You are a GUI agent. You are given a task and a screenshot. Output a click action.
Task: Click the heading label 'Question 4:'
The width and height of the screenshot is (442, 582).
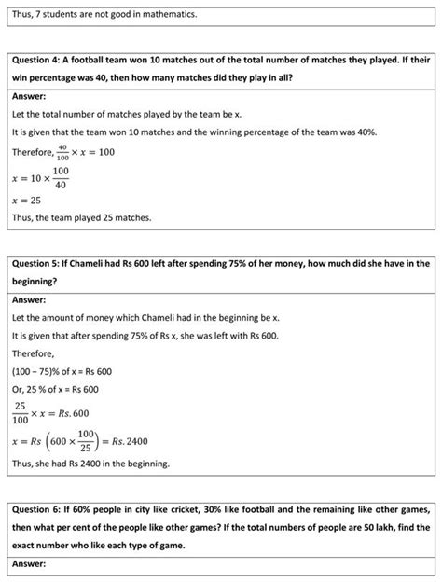coord(38,60)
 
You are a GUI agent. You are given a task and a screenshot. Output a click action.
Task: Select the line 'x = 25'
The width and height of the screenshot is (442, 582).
coord(28,200)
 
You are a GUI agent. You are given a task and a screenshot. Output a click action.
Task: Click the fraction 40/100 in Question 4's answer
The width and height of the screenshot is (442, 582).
coord(62,152)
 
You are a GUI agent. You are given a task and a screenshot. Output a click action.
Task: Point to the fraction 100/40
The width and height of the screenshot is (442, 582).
coord(61,177)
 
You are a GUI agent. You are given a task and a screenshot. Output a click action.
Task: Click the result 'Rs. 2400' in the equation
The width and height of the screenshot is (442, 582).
coord(130,441)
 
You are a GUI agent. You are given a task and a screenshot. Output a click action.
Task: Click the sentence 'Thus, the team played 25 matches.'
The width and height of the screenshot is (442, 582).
coord(81,218)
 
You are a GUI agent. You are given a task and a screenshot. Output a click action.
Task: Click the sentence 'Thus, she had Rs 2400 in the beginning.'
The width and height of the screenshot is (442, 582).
coord(91,464)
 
